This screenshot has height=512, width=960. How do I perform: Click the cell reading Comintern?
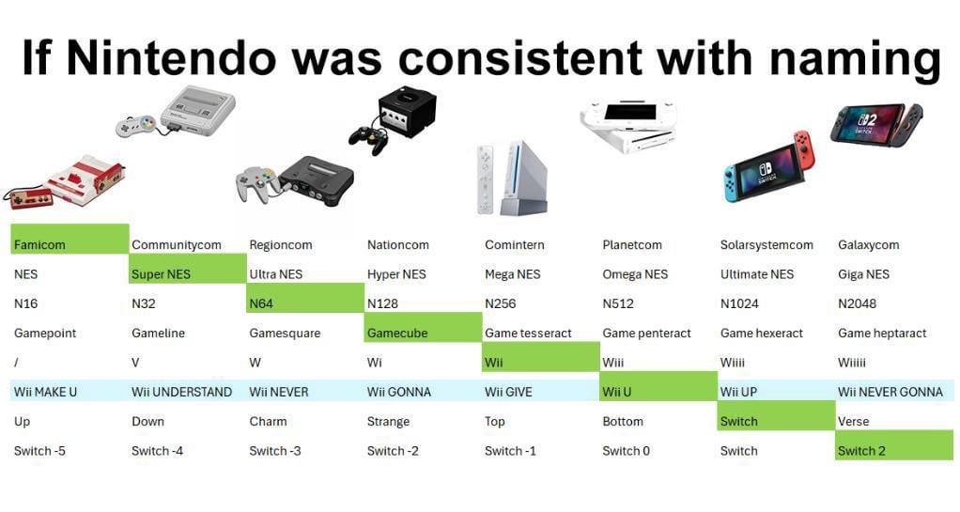514,245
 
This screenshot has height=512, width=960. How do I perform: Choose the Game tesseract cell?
528,333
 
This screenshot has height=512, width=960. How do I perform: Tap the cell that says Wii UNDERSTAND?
181,392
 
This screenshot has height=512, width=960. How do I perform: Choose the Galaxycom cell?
868,245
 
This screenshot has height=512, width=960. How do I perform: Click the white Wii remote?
485,178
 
